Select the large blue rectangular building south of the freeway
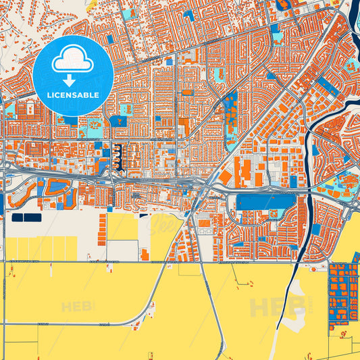pyautogui.click(x=267, y=202)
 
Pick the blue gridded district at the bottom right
pyautogui.click(x=344, y=293)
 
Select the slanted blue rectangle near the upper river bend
pyautogui.click(x=326, y=84)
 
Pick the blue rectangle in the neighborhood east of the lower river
pyautogui.click(x=315, y=228)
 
